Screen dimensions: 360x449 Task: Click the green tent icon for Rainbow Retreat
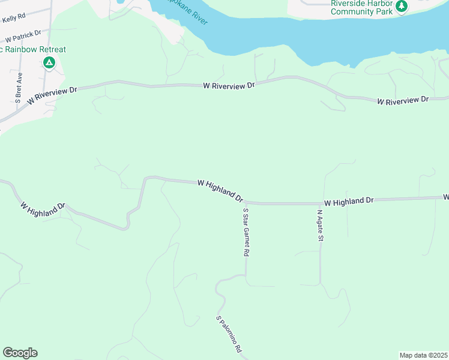[x=49, y=62]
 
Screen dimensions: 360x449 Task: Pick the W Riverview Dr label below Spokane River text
[x=229, y=86]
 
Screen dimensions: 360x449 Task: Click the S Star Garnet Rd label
[x=245, y=233]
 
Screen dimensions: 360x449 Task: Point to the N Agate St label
[x=321, y=225]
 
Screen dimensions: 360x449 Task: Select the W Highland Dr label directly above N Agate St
[x=349, y=201]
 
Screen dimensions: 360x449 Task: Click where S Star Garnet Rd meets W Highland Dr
[x=245, y=203]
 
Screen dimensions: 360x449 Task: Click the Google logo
[x=20, y=353]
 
